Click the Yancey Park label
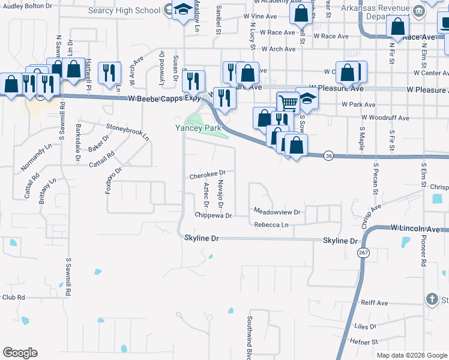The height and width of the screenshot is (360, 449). pyautogui.click(x=198, y=128)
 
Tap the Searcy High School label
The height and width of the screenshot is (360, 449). pyautogui.click(x=133, y=10)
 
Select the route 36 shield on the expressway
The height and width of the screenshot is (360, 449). pyautogui.click(x=328, y=155)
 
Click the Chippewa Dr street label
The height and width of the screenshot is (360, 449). pyautogui.click(x=213, y=215)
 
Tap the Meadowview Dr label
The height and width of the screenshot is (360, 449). pyautogui.click(x=277, y=212)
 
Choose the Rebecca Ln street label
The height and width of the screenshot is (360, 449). pyautogui.click(x=271, y=225)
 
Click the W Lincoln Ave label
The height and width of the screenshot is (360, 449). pyautogui.click(x=420, y=229)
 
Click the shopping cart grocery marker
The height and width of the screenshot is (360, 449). pyautogui.click(x=288, y=102)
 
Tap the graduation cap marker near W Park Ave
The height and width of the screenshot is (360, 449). pyautogui.click(x=307, y=98)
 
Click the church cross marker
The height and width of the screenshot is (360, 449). pyautogui.click(x=432, y=299)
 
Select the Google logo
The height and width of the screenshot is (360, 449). pyautogui.click(x=20, y=353)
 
